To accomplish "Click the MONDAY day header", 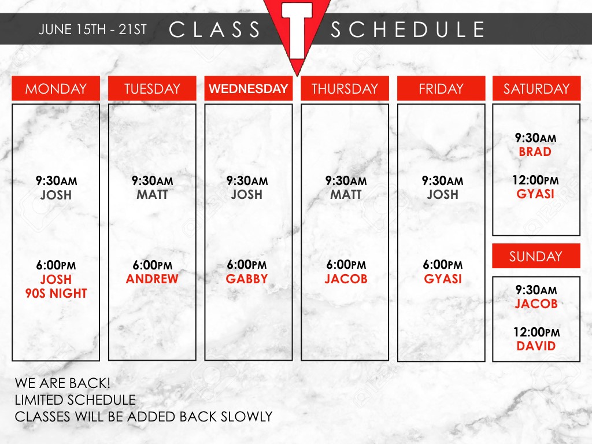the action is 56,88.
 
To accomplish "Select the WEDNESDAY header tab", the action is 249,88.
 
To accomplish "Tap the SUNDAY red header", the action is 536,256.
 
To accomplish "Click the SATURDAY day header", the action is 536,88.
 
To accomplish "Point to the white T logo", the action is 298,29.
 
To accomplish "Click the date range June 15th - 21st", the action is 92,29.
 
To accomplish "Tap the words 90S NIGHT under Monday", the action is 56,293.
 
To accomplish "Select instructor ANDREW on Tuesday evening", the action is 152,279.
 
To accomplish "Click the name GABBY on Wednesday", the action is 247,279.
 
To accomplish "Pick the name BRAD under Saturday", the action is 535,152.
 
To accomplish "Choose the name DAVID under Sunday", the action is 536,346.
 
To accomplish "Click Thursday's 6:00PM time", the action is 346,265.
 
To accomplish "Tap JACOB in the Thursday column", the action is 346,279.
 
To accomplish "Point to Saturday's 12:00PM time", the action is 535,180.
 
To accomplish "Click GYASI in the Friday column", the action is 443,279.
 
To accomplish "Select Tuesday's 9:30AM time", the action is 153,181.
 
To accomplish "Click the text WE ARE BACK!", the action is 62,383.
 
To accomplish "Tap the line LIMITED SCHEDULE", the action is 75,400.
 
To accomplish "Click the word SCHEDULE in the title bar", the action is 408,29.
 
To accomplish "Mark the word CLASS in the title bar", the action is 214,29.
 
